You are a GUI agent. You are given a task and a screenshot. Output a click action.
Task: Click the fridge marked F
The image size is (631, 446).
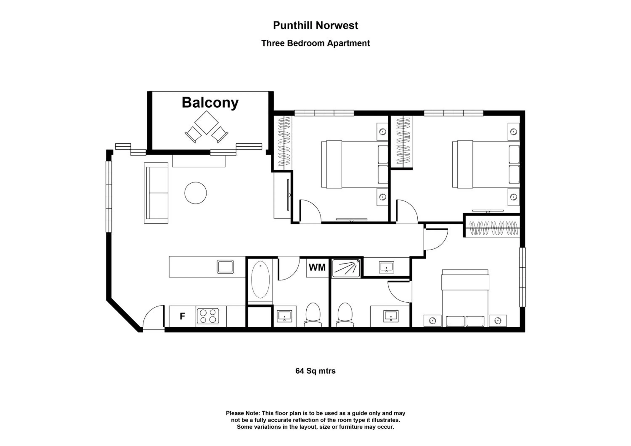pyautogui.click(x=182, y=316)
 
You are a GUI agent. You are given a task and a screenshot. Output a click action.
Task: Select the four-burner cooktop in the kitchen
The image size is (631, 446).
pyautogui.click(x=208, y=316)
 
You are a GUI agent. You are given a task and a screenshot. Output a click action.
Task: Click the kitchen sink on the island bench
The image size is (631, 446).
pyautogui.click(x=225, y=267)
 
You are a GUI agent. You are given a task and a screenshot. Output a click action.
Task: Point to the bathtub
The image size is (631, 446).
pyautogui.click(x=260, y=280)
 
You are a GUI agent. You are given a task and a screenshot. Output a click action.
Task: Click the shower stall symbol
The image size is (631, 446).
pyautogui.click(x=346, y=268)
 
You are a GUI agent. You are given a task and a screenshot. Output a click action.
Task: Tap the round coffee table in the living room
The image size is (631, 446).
pyautogui.click(x=195, y=193)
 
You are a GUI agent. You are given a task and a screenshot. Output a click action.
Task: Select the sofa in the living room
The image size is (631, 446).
pyautogui.click(x=156, y=193)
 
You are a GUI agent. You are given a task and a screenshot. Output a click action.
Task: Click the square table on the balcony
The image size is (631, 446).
pyautogui.click(x=206, y=123)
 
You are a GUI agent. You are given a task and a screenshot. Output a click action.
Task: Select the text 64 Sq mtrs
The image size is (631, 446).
pyautogui.click(x=315, y=371)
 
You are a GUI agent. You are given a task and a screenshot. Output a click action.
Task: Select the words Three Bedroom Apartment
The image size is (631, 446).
pyautogui.click(x=315, y=43)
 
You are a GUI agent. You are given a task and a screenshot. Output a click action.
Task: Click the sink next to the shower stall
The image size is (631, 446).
pyautogui.click(x=386, y=267)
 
